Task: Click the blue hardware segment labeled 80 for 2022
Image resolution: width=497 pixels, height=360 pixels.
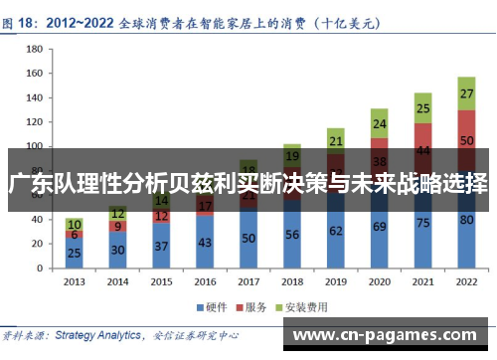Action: (466, 220)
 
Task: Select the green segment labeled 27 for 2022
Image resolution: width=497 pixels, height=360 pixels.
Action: (466, 93)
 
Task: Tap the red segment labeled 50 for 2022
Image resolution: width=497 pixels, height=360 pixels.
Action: (466, 141)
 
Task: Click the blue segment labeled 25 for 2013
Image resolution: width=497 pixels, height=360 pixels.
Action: (74, 253)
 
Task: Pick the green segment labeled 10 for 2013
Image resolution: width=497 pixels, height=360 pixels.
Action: (74, 225)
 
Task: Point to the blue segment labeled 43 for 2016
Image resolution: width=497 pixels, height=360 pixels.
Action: (205, 241)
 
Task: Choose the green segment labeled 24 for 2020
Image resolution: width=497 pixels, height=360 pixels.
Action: (379, 124)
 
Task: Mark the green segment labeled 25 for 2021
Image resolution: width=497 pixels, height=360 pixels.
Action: (422, 108)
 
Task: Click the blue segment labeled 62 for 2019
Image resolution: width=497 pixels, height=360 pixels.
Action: (335, 230)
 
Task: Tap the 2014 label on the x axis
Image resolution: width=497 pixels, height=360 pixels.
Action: (117, 281)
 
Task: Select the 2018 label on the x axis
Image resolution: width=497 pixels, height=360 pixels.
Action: (292, 281)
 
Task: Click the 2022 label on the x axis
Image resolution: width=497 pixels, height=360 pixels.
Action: (466, 281)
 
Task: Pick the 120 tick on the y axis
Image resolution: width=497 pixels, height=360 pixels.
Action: (34, 121)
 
